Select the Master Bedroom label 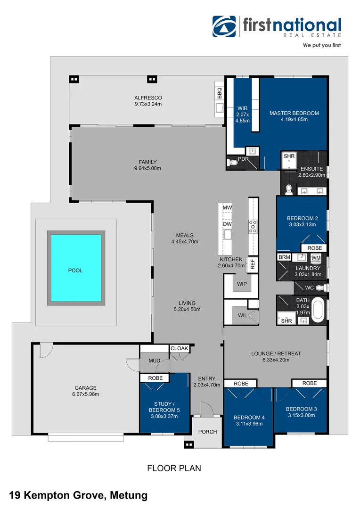pyautogui.click(x=294, y=113)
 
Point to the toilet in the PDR pyautogui.click(x=233, y=162)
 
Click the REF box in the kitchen pyautogui.click(x=253, y=264)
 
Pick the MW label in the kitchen pyautogui.click(x=227, y=208)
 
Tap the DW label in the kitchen pyautogui.click(x=227, y=224)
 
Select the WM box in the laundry pyautogui.click(x=316, y=257)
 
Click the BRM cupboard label pyautogui.click(x=284, y=257)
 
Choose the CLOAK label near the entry pyautogui.click(x=179, y=348)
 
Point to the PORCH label pyautogui.click(x=207, y=431)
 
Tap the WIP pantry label pyautogui.click(x=242, y=285)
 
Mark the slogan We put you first pyautogui.click(x=321, y=46)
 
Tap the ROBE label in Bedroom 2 pyautogui.click(x=314, y=248)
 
